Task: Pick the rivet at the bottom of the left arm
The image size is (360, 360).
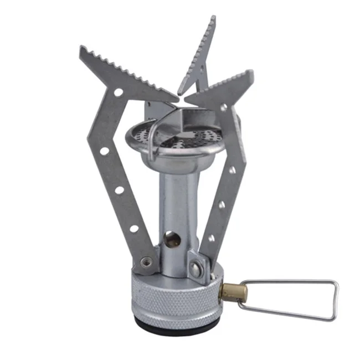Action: (x=145, y=261)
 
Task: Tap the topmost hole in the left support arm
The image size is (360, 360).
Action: (x=117, y=92)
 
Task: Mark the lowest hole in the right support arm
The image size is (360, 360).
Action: (x=211, y=238)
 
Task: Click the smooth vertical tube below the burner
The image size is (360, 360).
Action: (x=177, y=199)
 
